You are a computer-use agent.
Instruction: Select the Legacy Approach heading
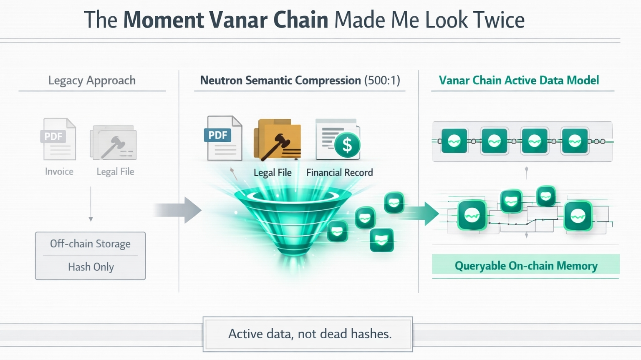coord(92,80)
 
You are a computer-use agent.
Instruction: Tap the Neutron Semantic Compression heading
coord(280,80)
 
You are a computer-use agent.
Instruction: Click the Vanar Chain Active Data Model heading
coord(519,80)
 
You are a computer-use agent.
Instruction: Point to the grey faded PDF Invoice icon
coord(59,139)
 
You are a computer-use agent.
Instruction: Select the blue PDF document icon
coord(224,138)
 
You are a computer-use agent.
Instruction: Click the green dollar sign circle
coord(347,145)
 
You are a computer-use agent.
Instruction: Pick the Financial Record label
coord(339,172)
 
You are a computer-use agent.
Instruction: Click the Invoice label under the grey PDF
coord(59,171)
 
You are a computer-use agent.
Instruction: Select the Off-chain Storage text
coord(90,244)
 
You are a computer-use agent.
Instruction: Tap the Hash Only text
coord(91,267)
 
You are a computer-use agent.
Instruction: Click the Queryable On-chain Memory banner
coord(526,266)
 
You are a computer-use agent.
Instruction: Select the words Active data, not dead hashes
coord(310,334)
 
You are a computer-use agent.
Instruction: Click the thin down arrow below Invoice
coord(91,204)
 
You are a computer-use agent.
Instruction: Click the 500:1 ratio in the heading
coord(382,80)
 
